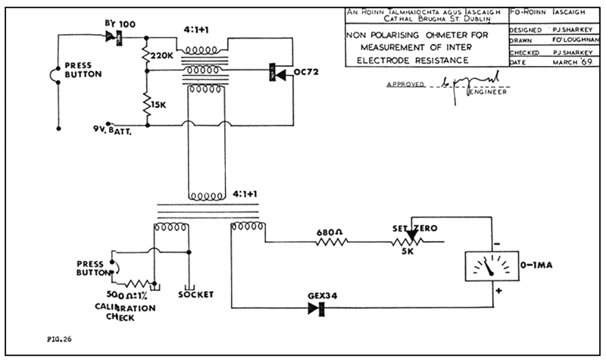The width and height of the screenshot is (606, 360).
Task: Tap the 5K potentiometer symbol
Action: (410, 243)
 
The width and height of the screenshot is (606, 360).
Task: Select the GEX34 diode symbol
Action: (317, 308)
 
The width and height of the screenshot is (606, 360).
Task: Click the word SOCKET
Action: (193, 294)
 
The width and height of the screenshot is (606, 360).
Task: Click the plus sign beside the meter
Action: (498, 290)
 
